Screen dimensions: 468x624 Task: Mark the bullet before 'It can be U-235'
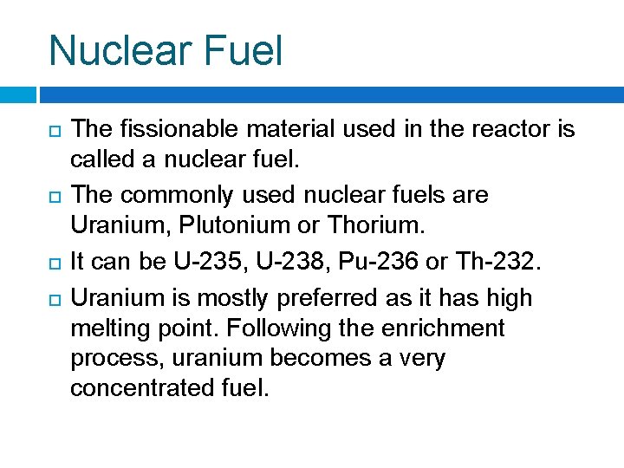[55, 262]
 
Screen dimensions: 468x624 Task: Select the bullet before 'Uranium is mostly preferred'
[55, 299]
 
